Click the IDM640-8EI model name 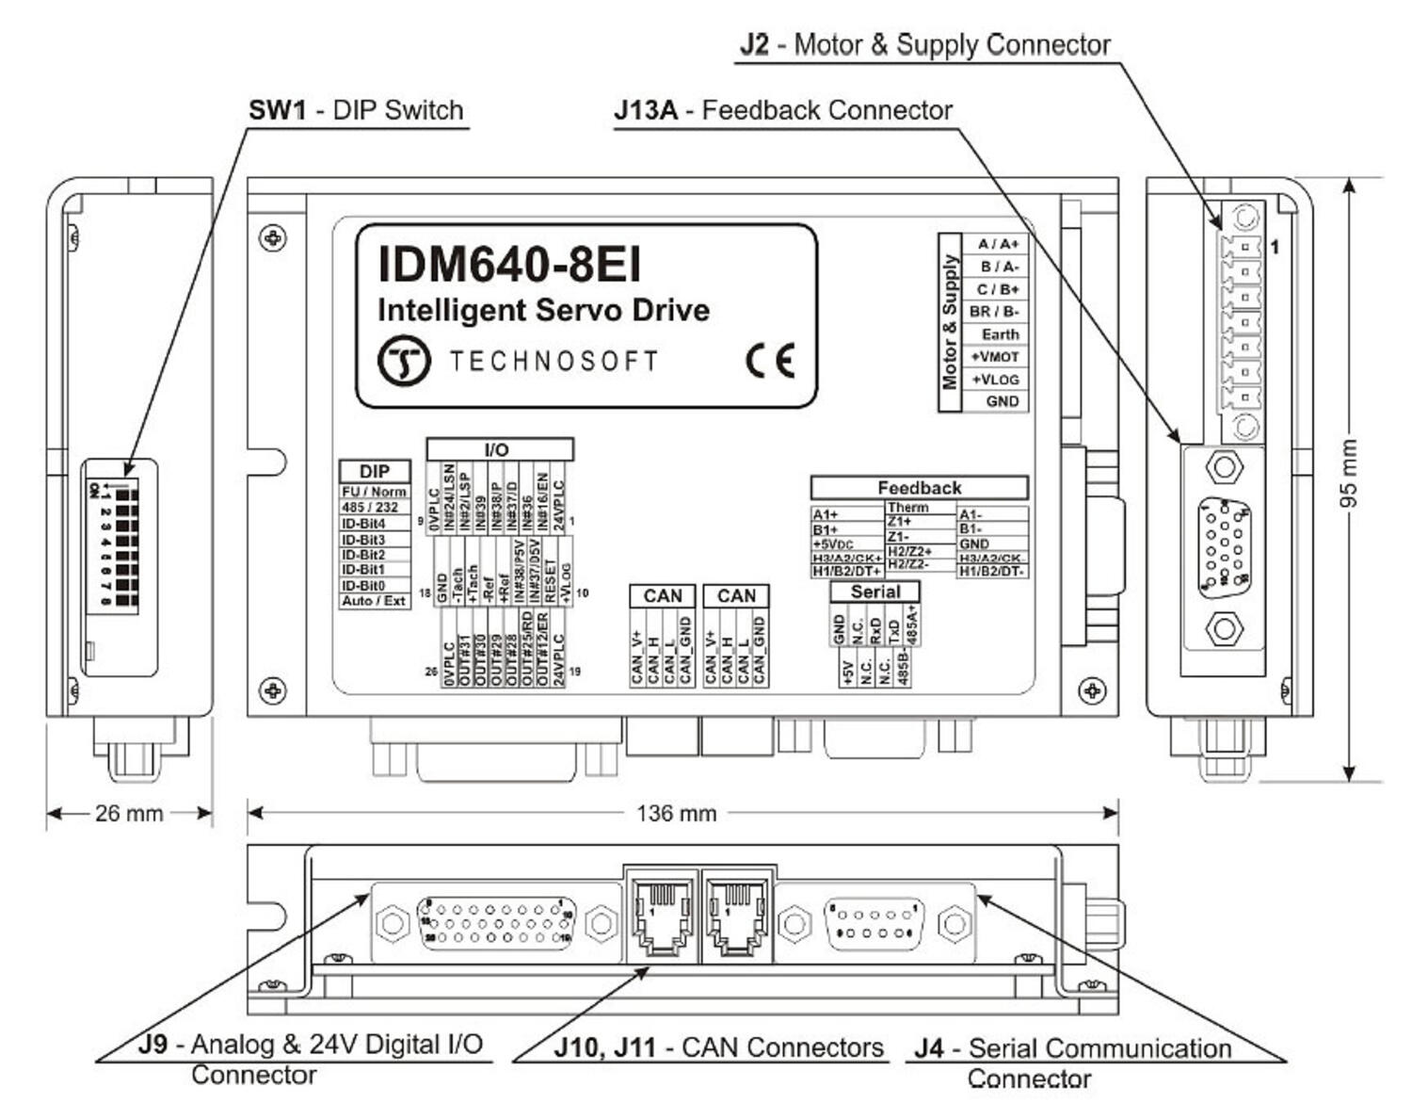click(x=509, y=265)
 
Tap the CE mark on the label click(x=770, y=360)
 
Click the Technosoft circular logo click(x=404, y=361)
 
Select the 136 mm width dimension click(x=676, y=813)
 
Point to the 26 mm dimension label click(x=129, y=813)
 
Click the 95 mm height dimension click(x=1348, y=474)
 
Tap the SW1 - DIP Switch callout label click(x=356, y=110)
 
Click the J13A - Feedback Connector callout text click(x=783, y=110)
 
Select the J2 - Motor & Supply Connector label click(x=924, y=44)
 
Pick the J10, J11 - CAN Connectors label click(x=718, y=1047)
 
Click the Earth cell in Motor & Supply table click(x=1000, y=334)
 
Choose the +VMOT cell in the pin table click(x=995, y=357)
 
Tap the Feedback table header click(x=919, y=488)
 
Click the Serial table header click(x=874, y=592)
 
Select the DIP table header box click(x=375, y=472)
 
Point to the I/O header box click(x=498, y=450)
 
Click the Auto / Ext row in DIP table click(x=374, y=601)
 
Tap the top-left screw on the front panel click(x=273, y=237)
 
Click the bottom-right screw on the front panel click(x=1092, y=691)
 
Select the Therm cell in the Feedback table click(x=908, y=508)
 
